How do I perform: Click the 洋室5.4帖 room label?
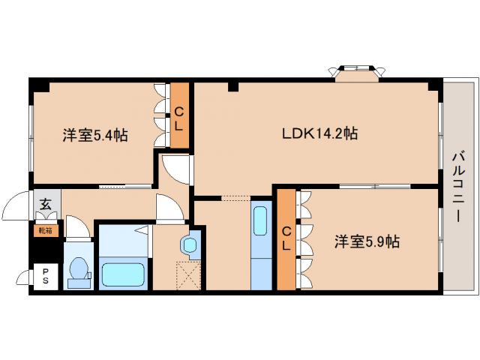[x=94, y=136]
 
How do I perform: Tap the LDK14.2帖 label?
[x=319, y=135]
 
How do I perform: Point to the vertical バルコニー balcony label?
[x=457, y=187]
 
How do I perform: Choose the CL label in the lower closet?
[x=286, y=240]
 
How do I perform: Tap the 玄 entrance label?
[x=45, y=203]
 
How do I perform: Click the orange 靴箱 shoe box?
[x=45, y=230]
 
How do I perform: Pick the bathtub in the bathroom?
[x=124, y=272]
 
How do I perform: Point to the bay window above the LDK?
[x=355, y=72]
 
